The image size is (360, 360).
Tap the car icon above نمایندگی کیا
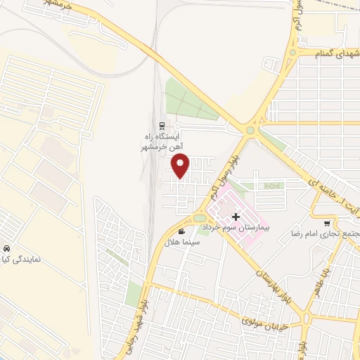(x=6, y=249)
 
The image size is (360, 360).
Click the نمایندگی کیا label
(x=21, y=259)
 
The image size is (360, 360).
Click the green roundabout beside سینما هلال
(x=200, y=217)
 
